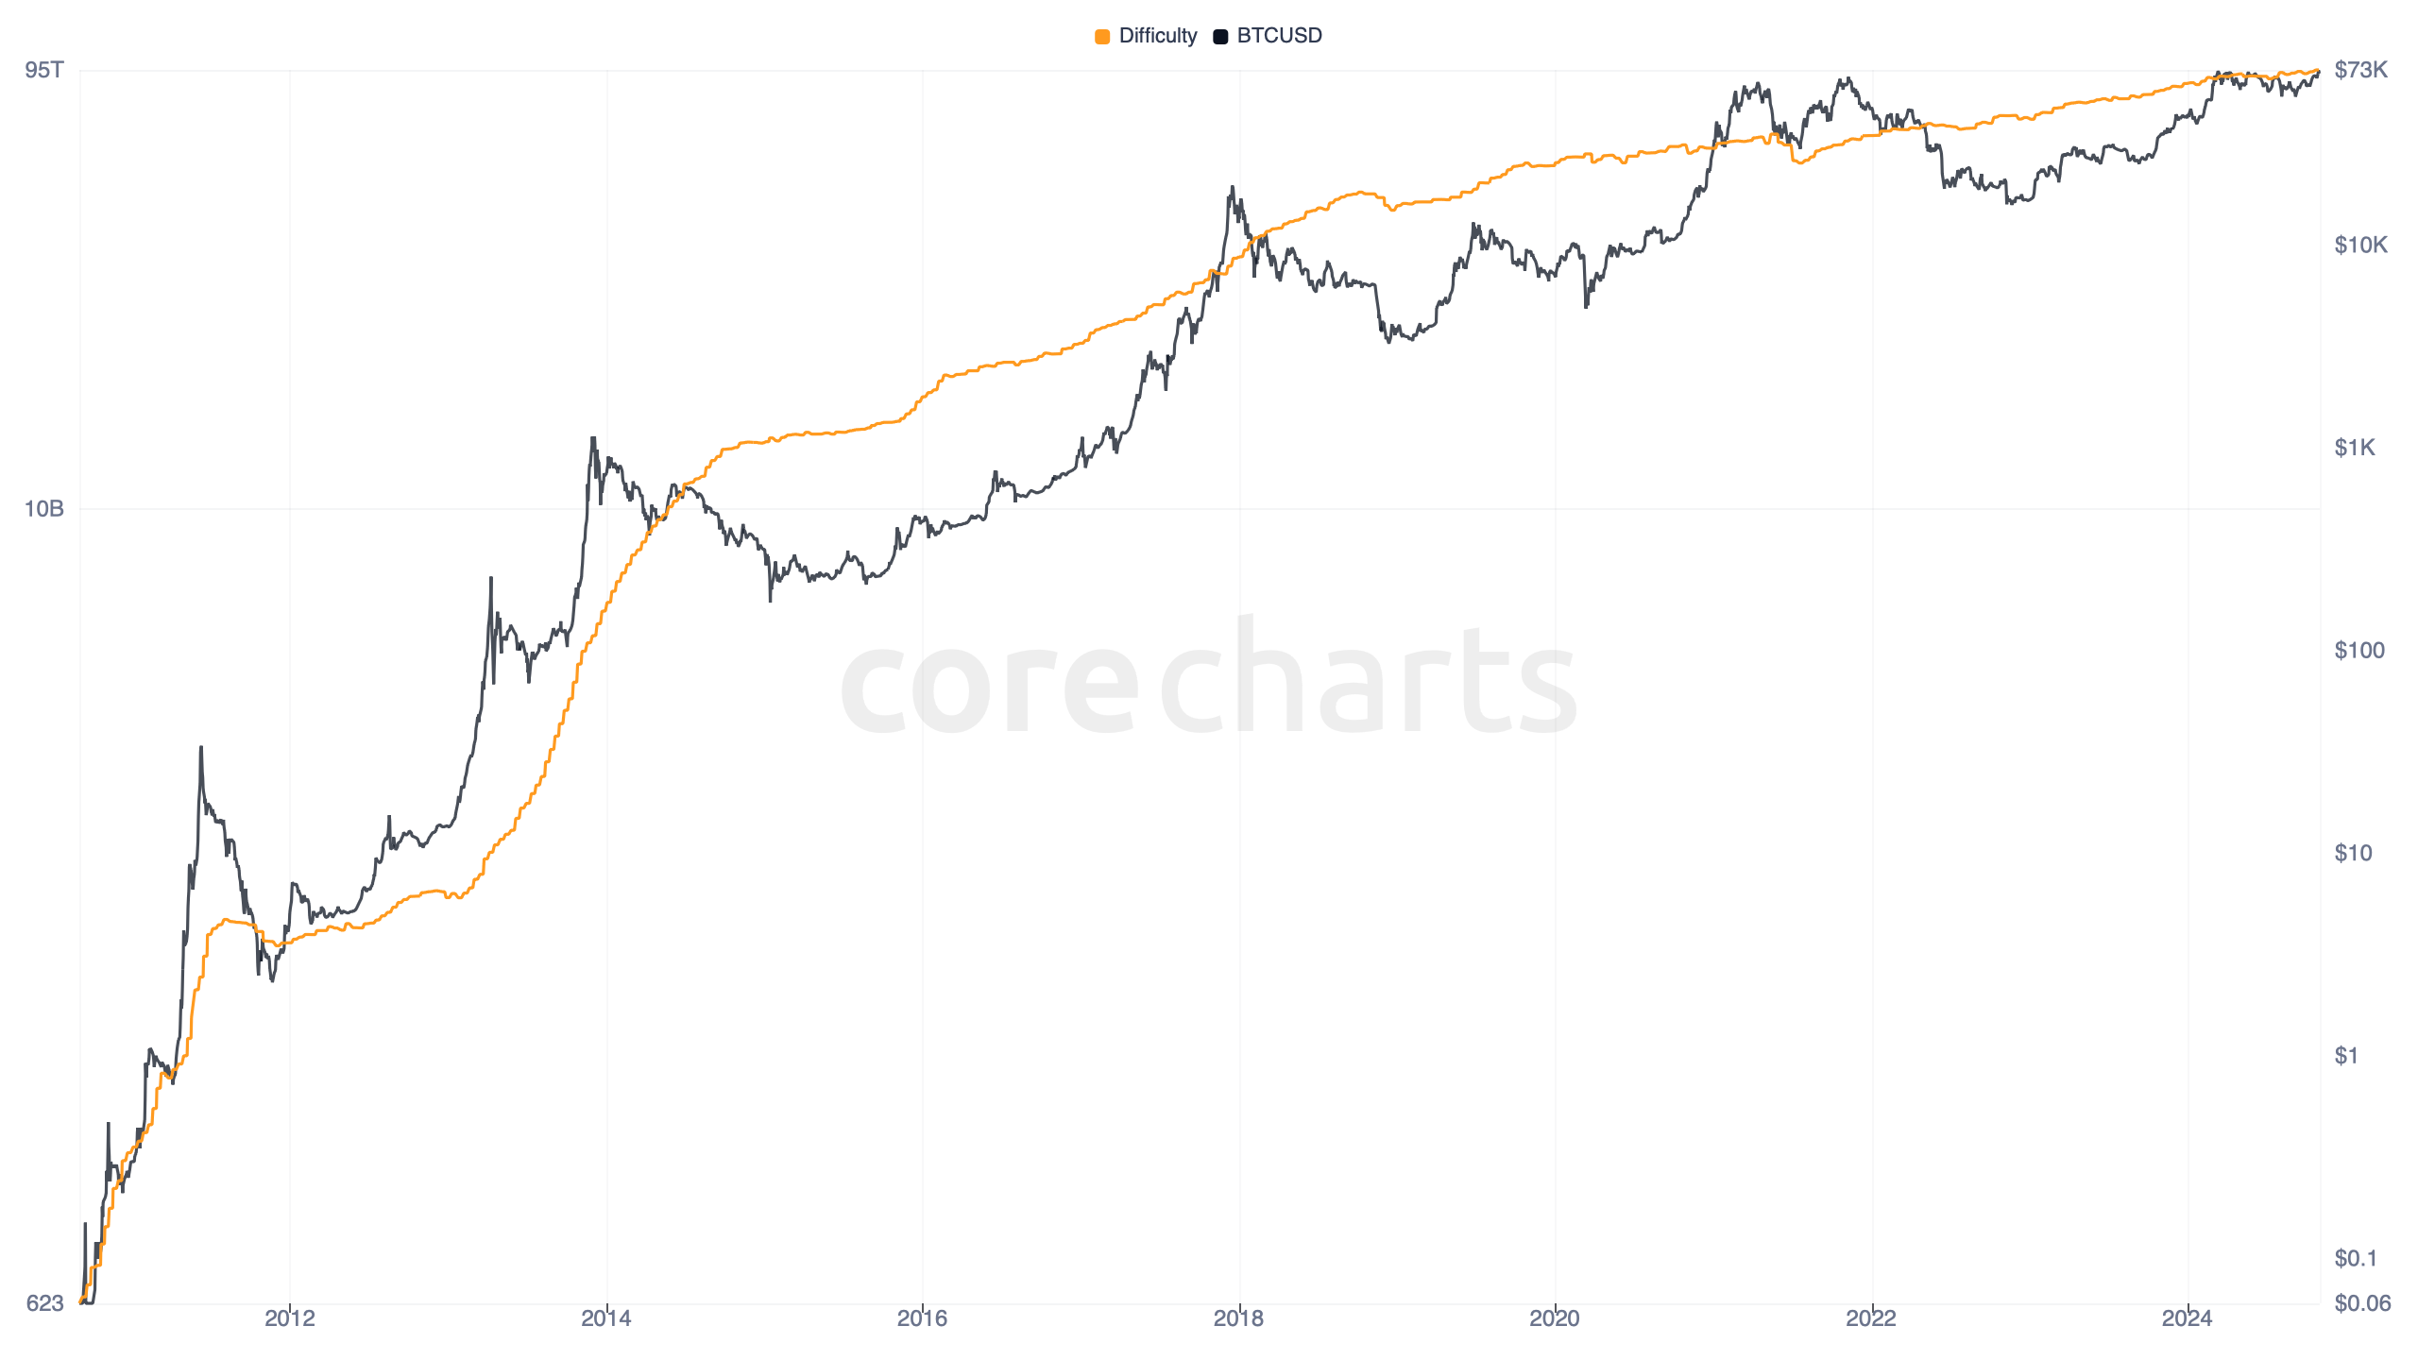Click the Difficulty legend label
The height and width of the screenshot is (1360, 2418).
coord(1157,36)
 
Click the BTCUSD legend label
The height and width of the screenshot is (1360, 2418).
coord(1279,36)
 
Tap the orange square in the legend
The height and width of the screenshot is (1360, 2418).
coord(1102,37)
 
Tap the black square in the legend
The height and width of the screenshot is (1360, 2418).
coord(1220,37)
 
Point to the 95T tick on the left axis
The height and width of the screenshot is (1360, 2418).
coord(44,70)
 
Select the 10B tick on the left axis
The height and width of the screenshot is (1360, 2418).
coord(43,509)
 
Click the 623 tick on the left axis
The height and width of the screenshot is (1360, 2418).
coord(44,1303)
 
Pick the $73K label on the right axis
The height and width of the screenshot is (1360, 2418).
coord(2360,70)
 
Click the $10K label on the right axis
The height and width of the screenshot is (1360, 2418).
coord(2360,246)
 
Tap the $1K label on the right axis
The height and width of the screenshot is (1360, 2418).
coord(2354,448)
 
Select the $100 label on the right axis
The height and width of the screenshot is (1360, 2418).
coord(2358,651)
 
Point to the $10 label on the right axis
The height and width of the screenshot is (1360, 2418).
coord(2353,854)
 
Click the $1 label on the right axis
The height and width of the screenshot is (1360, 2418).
coord(2346,1056)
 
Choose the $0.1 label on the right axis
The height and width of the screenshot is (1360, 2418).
coord(2355,1259)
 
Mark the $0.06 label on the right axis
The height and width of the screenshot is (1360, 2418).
coord(2361,1304)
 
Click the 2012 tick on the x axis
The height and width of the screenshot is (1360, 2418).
coord(290,1318)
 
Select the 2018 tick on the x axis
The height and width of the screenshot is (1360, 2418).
coord(1238,1318)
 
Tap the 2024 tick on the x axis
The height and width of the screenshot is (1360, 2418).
coord(2187,1318)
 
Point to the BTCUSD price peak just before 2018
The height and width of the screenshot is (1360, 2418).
coord(1232,188)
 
